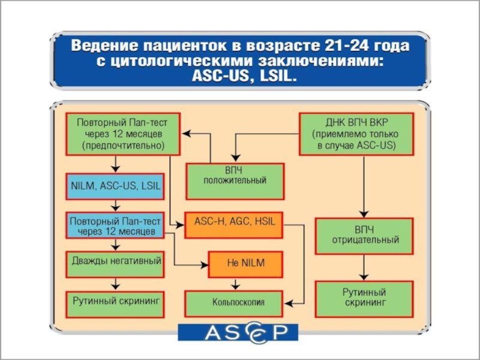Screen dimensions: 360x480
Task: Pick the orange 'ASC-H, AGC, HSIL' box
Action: tap(233, 221)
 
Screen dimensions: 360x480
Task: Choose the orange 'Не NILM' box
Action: tap(245, 263)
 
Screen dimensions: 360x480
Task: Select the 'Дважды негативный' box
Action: tap(114, 262)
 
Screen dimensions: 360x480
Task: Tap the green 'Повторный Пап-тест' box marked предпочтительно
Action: tap(122, 133)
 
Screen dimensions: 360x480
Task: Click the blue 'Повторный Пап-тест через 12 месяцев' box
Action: tap(113, 226)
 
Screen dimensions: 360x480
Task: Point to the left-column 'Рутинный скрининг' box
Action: tap(114, 298)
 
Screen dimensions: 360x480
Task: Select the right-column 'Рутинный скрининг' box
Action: tap(364, 298)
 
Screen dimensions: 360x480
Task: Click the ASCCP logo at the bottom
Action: tap(239, 332)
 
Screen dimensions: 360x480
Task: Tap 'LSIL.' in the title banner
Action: tap(277, 77)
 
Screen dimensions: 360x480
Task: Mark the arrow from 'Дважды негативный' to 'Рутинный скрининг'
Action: tap(114, 284)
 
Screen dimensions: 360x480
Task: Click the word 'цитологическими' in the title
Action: tap(171, 61)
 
